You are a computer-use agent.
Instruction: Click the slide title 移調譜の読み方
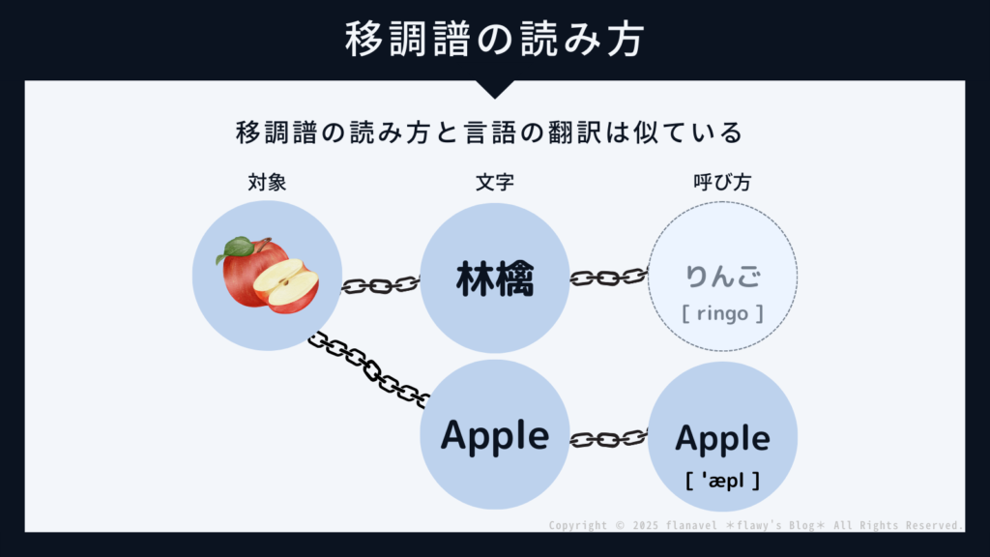pyautogui.click(x=494, y=41)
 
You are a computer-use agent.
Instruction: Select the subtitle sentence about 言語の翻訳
pyautogui.click(x=494, y=132)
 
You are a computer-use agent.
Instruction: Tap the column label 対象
pyautogui.click(x=267, y=182)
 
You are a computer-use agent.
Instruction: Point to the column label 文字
pyautogui.click(x=494, y=182)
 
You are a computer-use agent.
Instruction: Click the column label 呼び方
pyautogui.click(x=722, y=182)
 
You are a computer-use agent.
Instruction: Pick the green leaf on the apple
pyautogui.click(x=235, y=249)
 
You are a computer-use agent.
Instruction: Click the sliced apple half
pyautogui.click(x=287, y=282)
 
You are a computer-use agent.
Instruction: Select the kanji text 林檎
pyautogui.click(x=494, y=278)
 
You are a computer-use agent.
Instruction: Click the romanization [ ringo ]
pyautogui.click(x=722, y=313)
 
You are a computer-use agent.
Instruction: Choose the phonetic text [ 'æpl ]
pyautogui.click(x=722, y=480)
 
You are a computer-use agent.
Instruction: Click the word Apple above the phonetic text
pyautogui.click(x=722, y=439)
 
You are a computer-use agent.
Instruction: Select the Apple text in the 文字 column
pyautogui.click(x=494, y=436)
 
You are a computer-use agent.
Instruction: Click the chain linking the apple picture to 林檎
pyautogui.click(x=380, y=285)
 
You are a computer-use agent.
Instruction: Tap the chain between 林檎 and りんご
pyautogui.click(x=608, y=278)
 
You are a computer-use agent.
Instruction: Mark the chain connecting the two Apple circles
pyautogui.click(x=608, y=439)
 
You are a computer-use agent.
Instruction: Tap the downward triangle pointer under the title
pyautogui.click(x=494, y=89)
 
